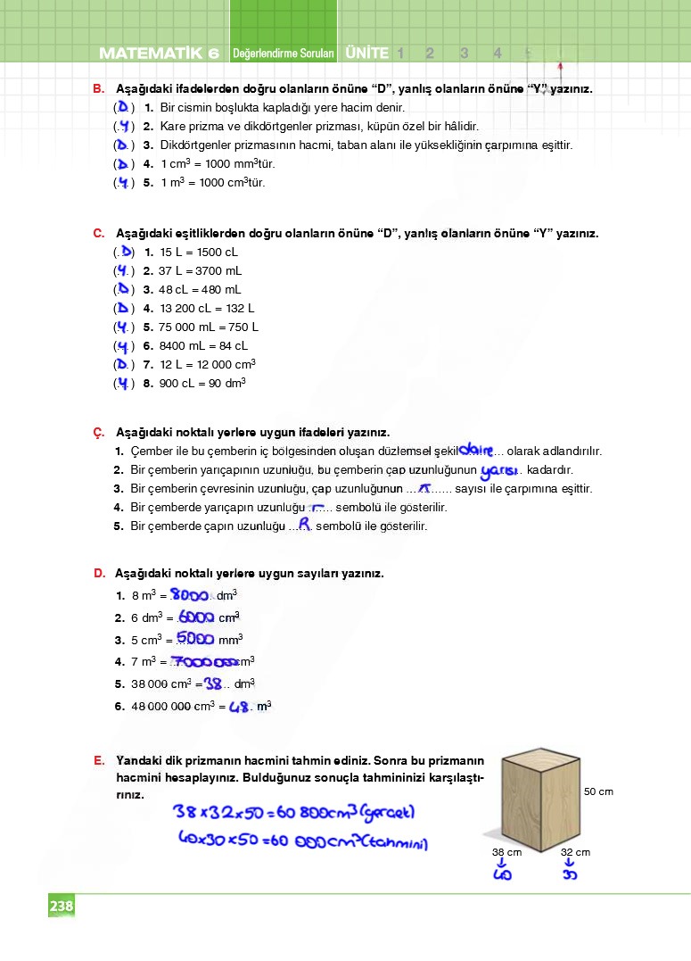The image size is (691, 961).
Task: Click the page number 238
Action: [62, 907]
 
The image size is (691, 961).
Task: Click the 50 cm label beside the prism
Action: [598, 791]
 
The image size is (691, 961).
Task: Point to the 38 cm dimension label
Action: [506, 852]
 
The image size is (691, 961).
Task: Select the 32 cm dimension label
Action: [575, 852]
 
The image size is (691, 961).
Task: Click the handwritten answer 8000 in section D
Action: [190, 595]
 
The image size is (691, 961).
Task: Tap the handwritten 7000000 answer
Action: [203, 661]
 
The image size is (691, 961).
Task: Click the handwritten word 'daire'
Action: [475, 450]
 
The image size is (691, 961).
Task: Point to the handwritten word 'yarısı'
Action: [499, 470]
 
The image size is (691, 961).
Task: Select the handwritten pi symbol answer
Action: [425, 488]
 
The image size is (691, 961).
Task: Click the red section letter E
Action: [98, 760]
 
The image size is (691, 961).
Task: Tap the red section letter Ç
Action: [98, 433]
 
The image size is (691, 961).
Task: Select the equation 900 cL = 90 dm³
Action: [202, 383]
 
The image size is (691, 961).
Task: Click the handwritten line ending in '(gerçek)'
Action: [294, 813]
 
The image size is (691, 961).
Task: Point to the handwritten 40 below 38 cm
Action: [501, 874]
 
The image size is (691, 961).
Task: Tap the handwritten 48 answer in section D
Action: [238, 707]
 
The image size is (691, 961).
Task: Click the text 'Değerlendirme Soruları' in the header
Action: [283, 54]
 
